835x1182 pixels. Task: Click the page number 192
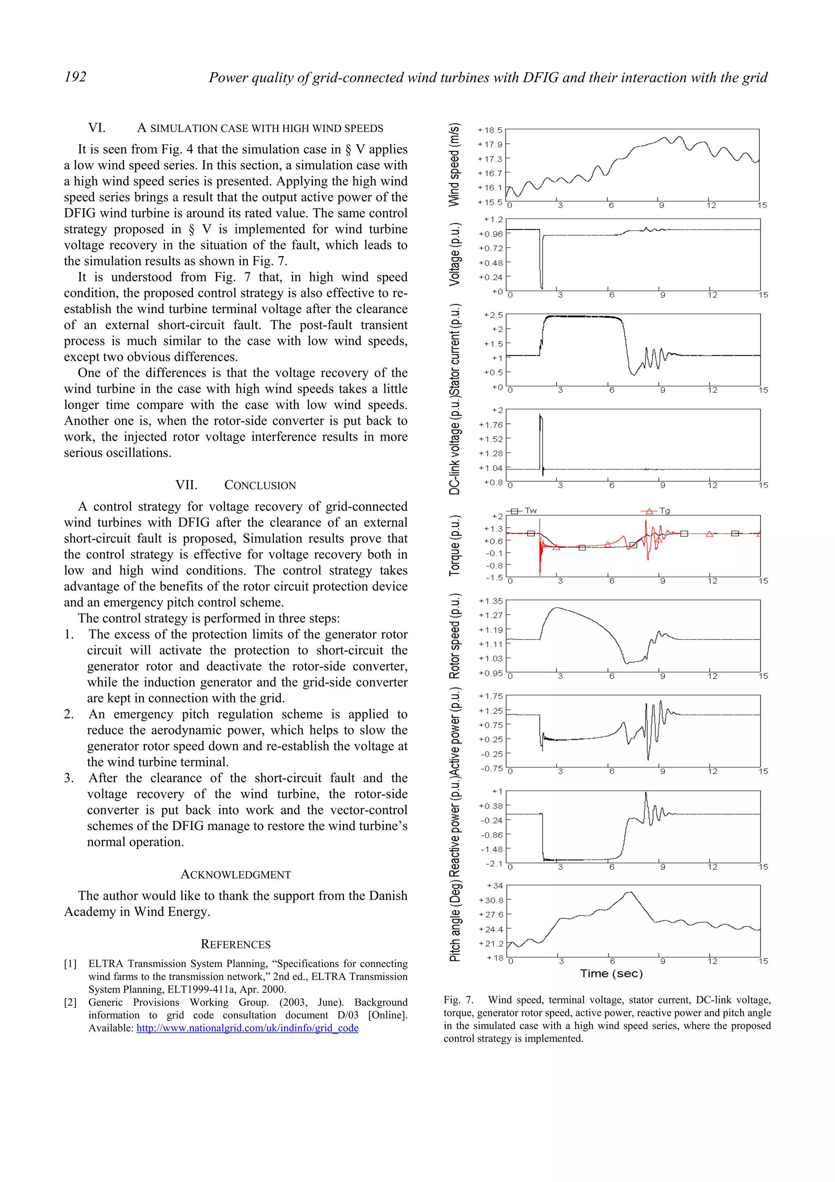(x=75, y=77)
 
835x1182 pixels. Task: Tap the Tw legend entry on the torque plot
(x=530, y=511)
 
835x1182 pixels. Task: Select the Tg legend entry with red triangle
(x=664, y=511)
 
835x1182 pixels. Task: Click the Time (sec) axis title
(x=611, y=974)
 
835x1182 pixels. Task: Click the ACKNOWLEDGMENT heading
(x=236, y=874)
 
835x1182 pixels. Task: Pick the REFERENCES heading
(x=236, y=944)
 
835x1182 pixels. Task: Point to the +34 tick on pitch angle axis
(x=495, y=885)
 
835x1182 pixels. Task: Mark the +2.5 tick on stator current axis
(x=493, y=314)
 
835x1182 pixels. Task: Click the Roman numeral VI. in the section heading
(x=97, y=128)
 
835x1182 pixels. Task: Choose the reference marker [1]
(x=71, y=964)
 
